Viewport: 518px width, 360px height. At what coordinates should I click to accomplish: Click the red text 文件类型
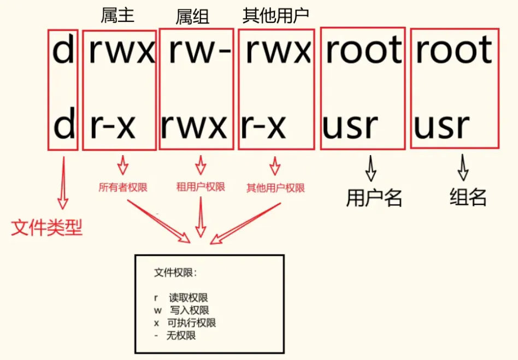click(x=47, y=227)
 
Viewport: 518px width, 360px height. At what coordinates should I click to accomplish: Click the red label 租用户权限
click(x=201, y=187)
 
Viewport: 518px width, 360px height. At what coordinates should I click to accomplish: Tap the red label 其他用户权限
click(x=275, y=188)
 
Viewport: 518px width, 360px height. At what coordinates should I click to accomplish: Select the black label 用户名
click(x=374, y=198)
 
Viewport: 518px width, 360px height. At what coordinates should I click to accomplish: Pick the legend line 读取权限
click(x=188, y=298)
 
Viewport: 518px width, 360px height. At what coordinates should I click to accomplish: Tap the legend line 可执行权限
click(x=192, y=323)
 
